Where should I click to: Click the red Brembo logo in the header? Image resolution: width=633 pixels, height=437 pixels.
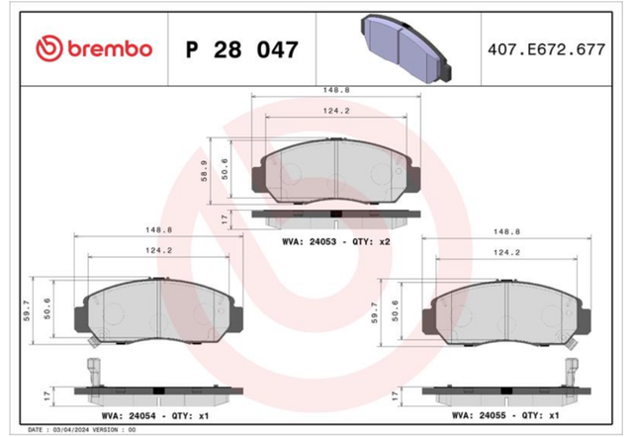(94, 48)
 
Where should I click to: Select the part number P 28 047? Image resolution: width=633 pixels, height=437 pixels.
(241, 49)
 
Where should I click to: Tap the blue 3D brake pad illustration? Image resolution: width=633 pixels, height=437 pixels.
(406, 48)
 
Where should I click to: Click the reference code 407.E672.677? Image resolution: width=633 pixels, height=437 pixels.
(546, 49)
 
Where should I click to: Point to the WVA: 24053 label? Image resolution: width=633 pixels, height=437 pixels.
(309, 241)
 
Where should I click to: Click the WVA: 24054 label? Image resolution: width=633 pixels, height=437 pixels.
(129, 415)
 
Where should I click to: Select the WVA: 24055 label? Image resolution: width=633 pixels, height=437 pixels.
(479, 415)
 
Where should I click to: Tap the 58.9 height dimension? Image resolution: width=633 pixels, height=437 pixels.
(205, 171)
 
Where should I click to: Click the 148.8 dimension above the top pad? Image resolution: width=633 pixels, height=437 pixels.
(336, 90)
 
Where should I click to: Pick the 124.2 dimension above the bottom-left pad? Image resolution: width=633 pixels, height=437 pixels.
(158, 250)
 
